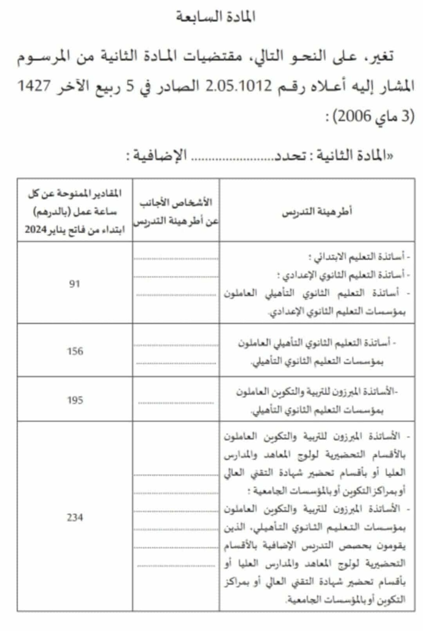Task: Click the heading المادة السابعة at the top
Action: [216, 17]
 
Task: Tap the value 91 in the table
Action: [75, 284]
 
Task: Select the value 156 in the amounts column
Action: [75, 351]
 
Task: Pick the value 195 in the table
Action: [75, 400]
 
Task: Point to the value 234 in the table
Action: [75, 517]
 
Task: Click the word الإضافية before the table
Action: [159, 155]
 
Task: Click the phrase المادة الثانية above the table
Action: [345, 155]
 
